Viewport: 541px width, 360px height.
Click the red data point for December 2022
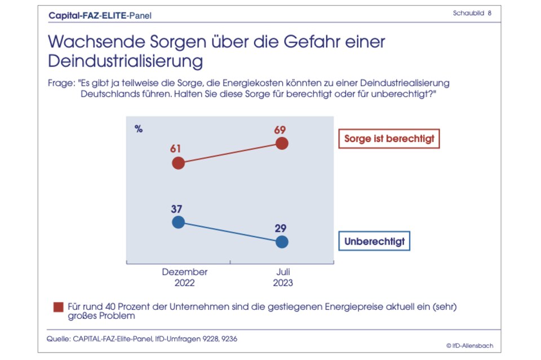click(x=178, y=163)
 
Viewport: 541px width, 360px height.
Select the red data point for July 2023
click(x=282, y=143)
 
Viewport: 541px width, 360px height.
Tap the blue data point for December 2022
click(x=178, y=222)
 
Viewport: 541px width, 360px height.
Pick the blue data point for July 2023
click(x=282, y=242)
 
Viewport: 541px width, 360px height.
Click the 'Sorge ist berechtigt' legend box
click(x=389, y=139)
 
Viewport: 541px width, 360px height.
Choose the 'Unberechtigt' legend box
click(x=374, y=242)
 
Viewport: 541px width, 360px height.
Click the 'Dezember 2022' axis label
click(x=185, y=277)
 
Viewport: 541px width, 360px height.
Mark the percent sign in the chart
click(x=139, y=128)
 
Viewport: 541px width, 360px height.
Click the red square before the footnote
click(x=58, y=306)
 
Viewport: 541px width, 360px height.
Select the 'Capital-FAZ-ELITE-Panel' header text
click(x=100, y=15)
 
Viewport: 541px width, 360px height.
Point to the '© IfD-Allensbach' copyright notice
click(x=469, y=345)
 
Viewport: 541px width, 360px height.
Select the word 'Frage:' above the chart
click(x=61, y=83)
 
